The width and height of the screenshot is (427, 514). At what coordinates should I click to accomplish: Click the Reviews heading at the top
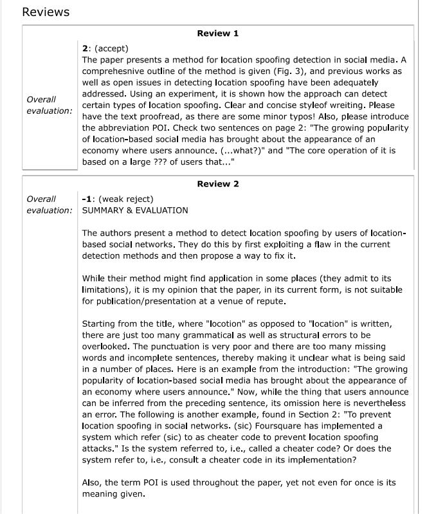(x=46, y=12)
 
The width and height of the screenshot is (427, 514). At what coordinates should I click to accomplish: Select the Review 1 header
(x=217, y=33)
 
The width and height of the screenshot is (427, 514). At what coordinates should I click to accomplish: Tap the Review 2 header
(x=217, y=184)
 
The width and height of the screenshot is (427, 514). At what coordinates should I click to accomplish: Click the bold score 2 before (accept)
(x=85, y=48)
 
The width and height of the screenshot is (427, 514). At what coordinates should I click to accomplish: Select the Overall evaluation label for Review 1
(x=49, y=105)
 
